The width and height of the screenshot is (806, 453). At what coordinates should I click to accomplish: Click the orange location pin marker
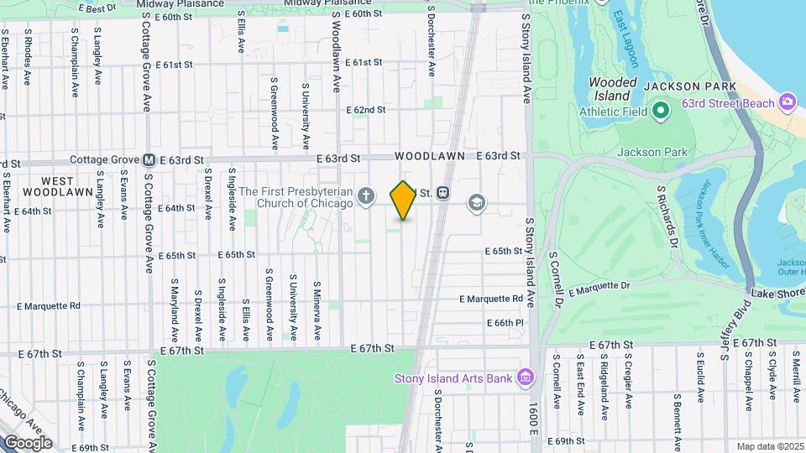tap(403, 200)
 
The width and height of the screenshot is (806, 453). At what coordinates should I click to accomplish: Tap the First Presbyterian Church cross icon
tap(365, 196)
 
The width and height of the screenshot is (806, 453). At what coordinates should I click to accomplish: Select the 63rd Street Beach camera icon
tap(788, 102)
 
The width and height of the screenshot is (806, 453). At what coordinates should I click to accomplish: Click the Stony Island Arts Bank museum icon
tap(526, 377)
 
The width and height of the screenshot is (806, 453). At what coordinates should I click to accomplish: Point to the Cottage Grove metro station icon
tap(148, 159)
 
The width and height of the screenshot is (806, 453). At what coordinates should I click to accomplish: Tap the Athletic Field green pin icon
tap(660, 110)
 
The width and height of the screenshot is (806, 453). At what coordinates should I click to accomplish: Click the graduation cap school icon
tap(477, 203)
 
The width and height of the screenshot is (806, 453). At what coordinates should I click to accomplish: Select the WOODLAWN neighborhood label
tap(426, 156)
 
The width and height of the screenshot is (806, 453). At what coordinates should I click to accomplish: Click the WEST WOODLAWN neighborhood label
tap(57, 185)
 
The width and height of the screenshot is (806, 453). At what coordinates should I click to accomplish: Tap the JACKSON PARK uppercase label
tap(689, 86)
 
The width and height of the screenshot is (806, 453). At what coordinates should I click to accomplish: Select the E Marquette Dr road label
tap(599, 289)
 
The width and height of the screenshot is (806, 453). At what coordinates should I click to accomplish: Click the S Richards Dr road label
tap(667, 216)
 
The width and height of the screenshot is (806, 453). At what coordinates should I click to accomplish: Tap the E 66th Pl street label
tap(505, 323)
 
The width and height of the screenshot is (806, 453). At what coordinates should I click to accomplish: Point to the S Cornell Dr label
tap(554, 277)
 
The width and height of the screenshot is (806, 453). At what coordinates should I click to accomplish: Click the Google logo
tap(27, 442)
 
